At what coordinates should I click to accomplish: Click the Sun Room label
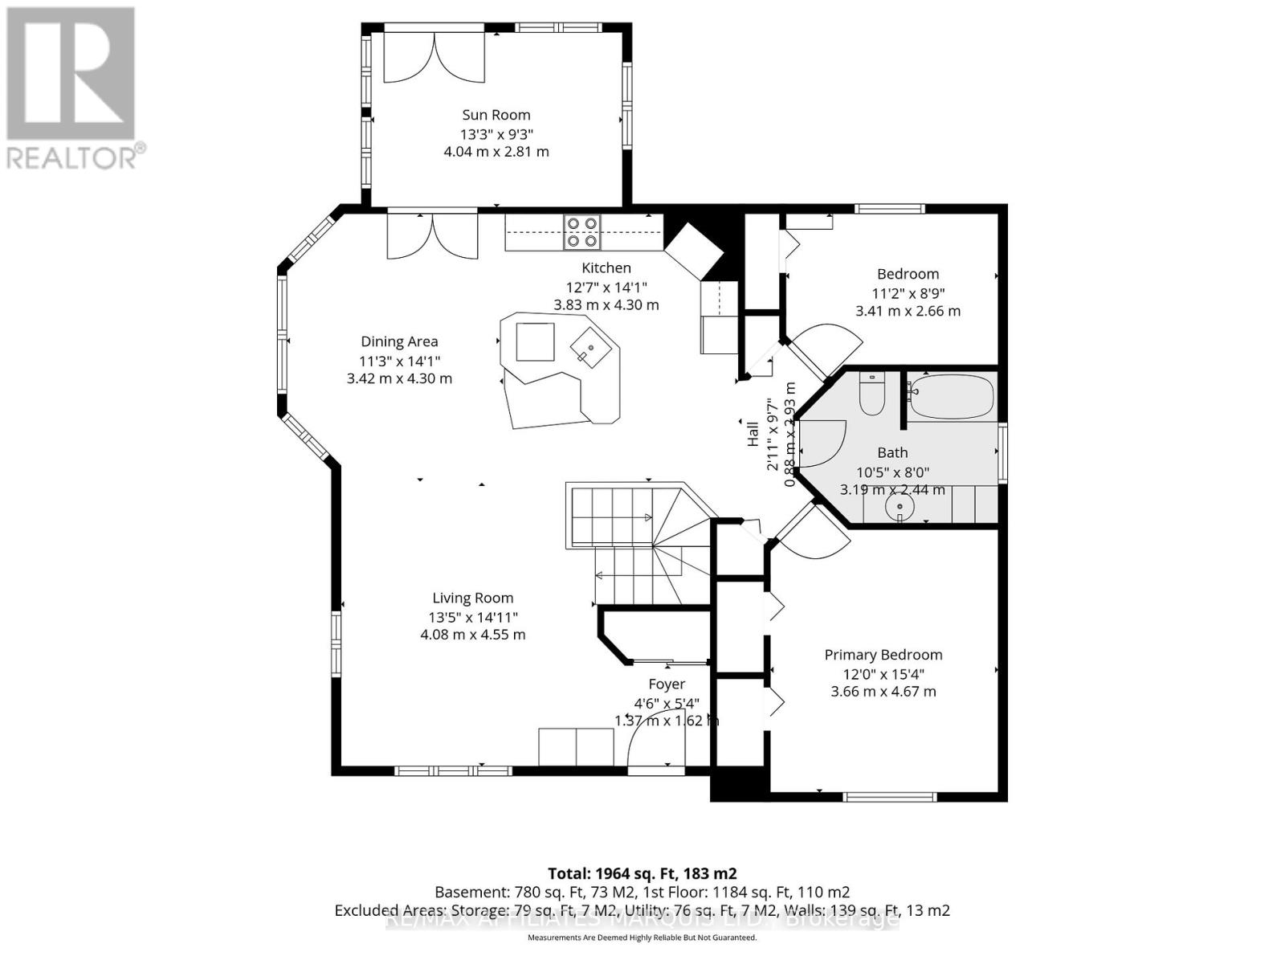tap(496, 115)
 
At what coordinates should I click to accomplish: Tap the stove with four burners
tap(581, 231)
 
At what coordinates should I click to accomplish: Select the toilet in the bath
tap(871, 394)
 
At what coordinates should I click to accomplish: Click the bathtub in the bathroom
tap(952, 396)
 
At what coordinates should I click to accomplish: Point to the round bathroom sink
tap(900, 507)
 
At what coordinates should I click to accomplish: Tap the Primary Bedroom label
tap(883, 655)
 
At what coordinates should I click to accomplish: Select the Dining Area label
tap(399, 341)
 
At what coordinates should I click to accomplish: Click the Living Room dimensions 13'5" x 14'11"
tap(472, 617)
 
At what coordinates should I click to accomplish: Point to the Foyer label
tap(666, 684)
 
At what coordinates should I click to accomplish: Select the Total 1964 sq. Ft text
tap(642, 873)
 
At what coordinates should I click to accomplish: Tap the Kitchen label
tap(606, 268)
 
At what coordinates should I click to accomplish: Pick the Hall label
tap(753, 434)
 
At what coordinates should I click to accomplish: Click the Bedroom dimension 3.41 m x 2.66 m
tap(908, 311)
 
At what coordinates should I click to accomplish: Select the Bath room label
tap(892, 452)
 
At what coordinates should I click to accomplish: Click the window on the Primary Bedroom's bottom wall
tap(890, 797)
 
